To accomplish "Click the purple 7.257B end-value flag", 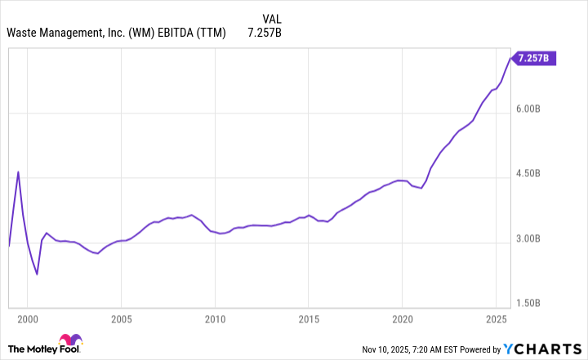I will (534, 58).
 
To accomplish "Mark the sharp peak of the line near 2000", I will (18, 172).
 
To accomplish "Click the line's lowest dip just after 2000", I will (37, 273).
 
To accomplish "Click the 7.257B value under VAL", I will (265, 33).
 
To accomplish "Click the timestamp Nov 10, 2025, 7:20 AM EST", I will (430, 349).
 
